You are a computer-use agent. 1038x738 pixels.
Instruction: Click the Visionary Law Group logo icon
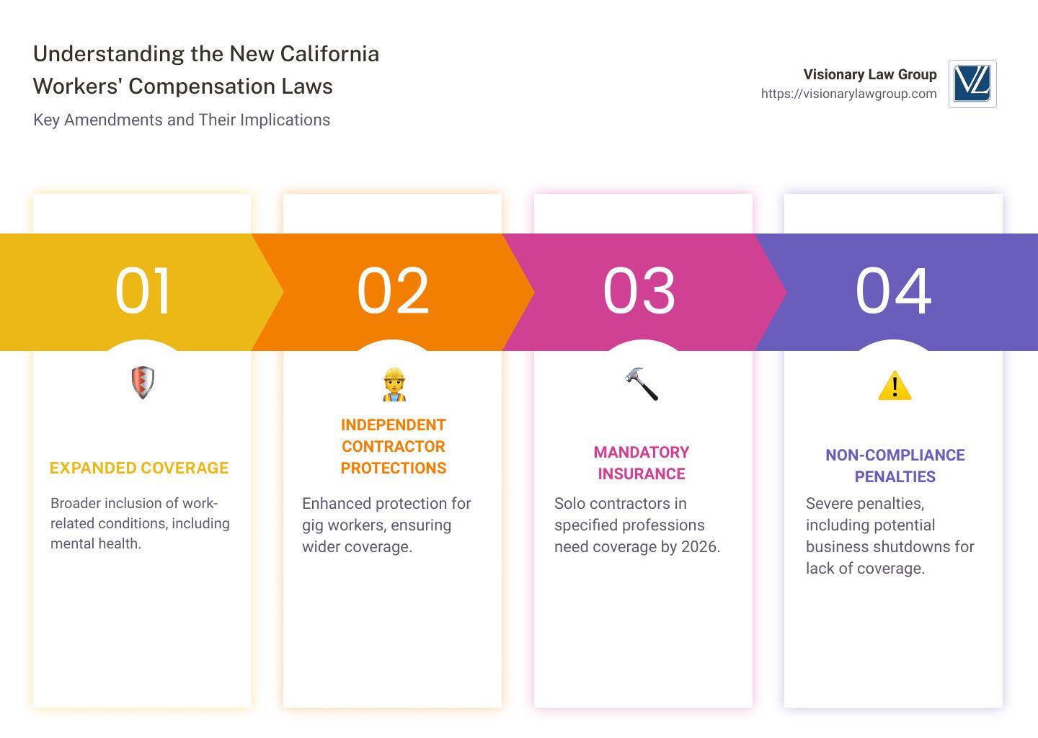[x=972, y=84]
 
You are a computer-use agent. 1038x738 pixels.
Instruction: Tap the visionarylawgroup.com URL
[x=848, y=94]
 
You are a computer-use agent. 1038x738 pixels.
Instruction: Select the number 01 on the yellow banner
[x=142, y=291]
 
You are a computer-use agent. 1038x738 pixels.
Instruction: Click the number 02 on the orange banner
[x=392, y=291]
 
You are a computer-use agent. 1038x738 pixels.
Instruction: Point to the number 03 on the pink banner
[x=639, y=291]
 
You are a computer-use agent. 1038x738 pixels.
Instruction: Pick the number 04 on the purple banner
[x=893, y=291]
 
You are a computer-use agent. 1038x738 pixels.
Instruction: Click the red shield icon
[x=143, y=383]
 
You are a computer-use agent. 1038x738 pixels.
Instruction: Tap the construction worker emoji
[x=394, y=385]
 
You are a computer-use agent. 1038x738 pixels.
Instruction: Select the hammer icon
[x=642, y=383]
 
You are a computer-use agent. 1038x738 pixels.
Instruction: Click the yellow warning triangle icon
[x=895, y=385]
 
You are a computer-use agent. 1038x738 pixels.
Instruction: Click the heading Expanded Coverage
[x=139, y=468]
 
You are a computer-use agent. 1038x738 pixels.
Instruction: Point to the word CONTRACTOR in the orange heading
[x=394, y=446]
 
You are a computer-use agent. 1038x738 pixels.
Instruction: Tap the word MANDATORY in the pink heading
[x=642, y=452]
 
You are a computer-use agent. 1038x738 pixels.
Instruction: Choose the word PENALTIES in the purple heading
[x=895, y=476]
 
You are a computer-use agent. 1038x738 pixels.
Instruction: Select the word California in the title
[x=329, y=54]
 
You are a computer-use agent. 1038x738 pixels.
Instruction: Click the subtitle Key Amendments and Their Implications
[x=182, y=120]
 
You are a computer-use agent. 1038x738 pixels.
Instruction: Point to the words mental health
[x=94, y=543]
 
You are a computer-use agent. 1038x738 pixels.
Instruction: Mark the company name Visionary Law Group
[x=870, y=74]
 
